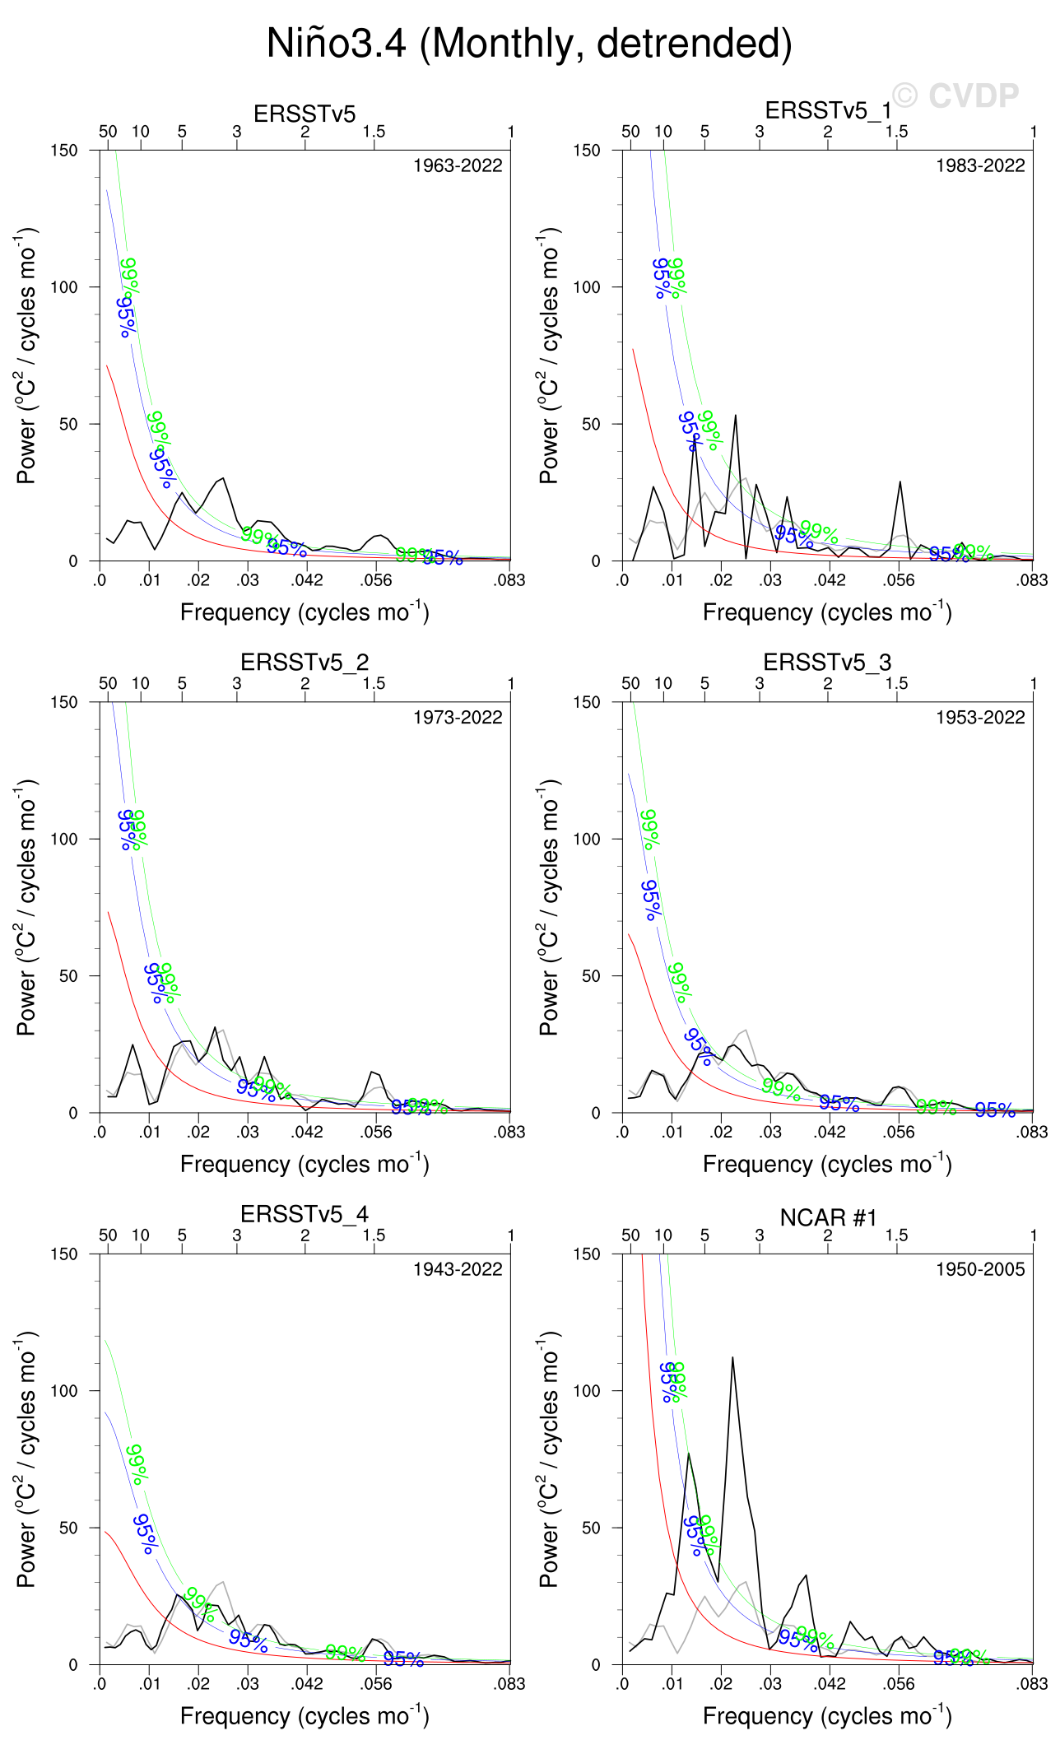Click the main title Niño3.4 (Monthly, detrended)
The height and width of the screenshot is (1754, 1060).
point(529,44)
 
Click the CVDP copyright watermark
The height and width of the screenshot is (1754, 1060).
point(956,96)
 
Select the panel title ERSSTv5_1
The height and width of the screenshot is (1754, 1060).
point(827,110)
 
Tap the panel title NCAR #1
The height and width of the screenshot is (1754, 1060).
point(828,1217)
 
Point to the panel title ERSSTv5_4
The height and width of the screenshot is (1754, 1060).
point(305,1214)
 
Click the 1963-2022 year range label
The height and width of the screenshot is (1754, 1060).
point(458,165)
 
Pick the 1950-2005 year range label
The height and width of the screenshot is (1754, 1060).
point(980,1269)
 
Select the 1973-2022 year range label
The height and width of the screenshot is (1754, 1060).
point(458,718)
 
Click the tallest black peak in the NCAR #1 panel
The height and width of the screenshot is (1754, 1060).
point(732,1358)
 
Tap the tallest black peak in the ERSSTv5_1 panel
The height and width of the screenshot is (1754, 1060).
point(735,416)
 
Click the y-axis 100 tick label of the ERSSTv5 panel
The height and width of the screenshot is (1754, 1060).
point(63,287)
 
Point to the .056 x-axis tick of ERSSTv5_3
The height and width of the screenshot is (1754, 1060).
point(899,1132)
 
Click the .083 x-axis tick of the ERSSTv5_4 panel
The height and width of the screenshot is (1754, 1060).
point(509,1684)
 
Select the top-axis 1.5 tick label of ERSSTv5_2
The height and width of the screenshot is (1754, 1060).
point(374,683)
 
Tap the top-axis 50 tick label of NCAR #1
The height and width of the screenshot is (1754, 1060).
point(630,1235)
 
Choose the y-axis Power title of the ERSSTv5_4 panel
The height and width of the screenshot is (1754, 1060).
point(27,1458)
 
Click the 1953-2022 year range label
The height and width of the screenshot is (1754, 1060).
point(980,718)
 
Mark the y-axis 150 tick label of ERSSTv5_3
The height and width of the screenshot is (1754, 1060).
point(586,702)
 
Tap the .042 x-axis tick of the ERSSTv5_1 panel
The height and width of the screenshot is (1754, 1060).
point(830,580)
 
